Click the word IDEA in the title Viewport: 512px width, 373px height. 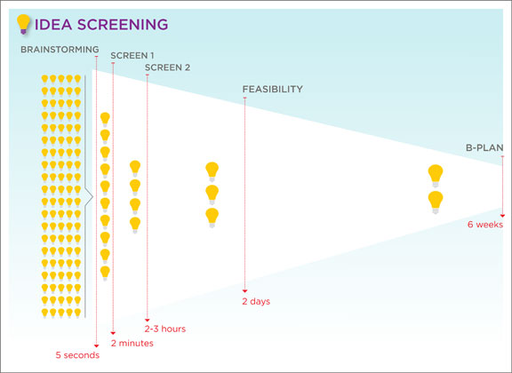[53, 25]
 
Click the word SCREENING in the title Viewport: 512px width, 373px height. [123, 25]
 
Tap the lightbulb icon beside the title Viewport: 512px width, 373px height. [23, 24]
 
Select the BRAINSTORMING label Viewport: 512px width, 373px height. [60, 50]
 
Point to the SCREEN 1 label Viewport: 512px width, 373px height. [132, 55]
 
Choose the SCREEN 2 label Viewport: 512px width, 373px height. [167, 67]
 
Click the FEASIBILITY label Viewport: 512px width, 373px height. [272, 89]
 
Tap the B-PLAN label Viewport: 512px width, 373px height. [484, 147]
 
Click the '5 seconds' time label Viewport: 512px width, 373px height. [77, 355]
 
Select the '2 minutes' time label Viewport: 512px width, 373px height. [132, 343]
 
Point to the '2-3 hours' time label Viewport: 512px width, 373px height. [165, 329]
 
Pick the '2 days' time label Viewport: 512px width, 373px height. [256, 301]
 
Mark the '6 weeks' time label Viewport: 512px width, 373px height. [485, 225]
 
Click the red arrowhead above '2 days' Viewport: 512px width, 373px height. [244, 291]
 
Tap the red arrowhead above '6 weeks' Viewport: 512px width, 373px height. [502, 216]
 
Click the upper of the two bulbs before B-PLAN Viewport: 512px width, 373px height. [436, 176]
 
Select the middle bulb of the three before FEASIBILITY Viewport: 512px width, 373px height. [212, 194]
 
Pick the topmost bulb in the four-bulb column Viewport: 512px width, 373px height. [135, 169]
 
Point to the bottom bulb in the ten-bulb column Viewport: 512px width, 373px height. [105, 274]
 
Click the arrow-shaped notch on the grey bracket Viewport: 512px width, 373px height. [90, 197]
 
